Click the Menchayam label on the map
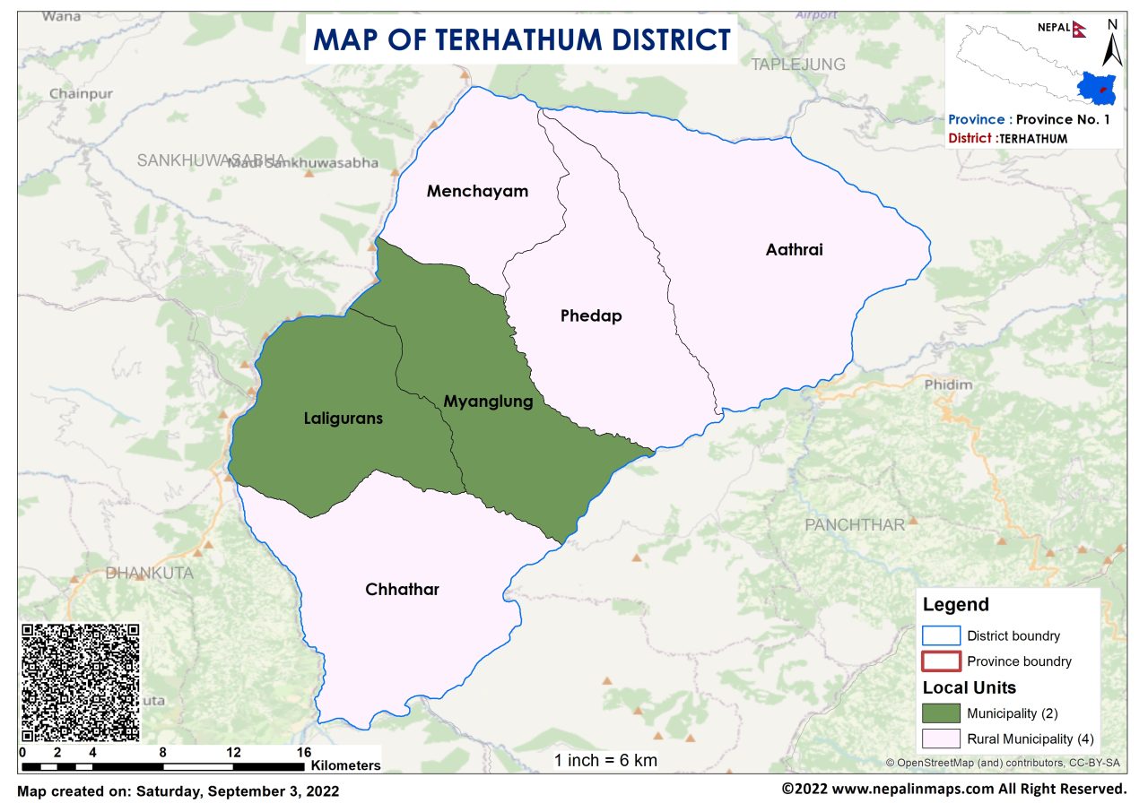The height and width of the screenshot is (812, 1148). pos(477,191)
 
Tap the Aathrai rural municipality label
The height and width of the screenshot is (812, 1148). pos(794,249)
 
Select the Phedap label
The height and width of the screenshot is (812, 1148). pos(590,315)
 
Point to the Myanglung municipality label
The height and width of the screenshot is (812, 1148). pos(488,401)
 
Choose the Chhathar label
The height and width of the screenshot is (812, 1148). pos(402,589)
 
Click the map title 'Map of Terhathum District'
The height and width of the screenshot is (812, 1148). pos(521,40)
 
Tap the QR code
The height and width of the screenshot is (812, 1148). pos(80,682)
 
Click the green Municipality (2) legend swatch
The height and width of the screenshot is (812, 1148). pos(941,713)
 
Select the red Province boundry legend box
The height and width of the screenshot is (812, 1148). pos(941,661)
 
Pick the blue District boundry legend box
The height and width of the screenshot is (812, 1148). pos(941,635)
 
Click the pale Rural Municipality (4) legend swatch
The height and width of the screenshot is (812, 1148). pos(941,739)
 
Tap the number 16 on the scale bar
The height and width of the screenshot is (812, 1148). pos(303,751)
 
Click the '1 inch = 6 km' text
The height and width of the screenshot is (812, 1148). pos(605,761)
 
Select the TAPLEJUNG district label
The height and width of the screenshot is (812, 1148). pos(797,64)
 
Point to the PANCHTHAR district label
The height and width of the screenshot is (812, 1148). pos(854,524)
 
